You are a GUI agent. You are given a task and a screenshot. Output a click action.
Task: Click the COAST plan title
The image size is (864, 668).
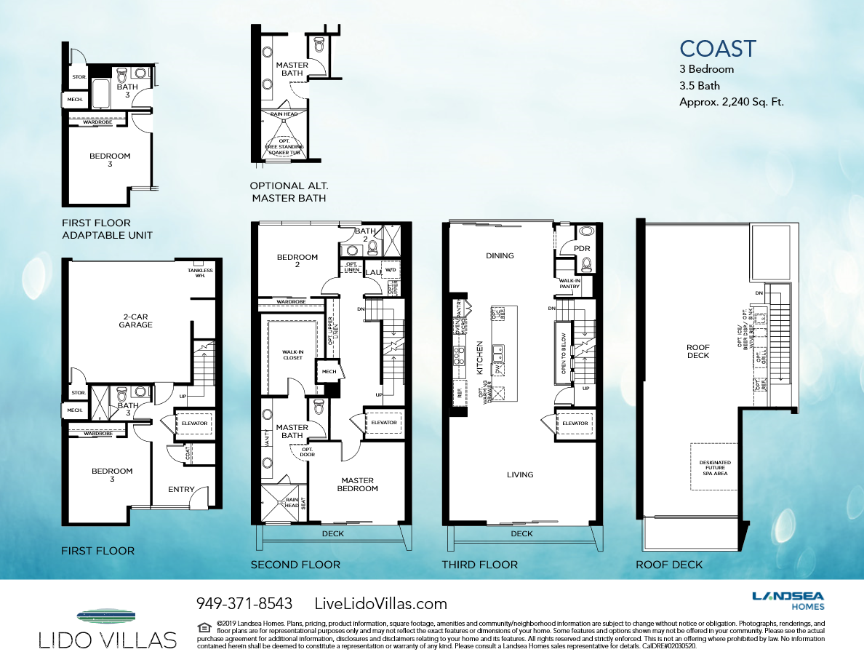pos(718,49)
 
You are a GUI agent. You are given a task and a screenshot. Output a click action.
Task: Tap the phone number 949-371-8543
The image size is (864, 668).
pos(244,603)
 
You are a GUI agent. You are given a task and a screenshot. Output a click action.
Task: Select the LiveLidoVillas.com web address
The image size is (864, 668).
pos(380,603)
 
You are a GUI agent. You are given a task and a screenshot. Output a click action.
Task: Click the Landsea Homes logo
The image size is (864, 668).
pos(788,600)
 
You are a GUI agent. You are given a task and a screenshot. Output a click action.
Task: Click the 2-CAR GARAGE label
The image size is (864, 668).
pos(136,321)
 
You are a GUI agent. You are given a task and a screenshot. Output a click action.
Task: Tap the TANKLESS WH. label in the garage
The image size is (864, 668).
pos(199,273)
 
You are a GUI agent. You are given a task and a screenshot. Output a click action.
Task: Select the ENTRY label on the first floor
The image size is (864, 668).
pos(182,489)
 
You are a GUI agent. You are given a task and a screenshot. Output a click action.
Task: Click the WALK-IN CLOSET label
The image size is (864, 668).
pos(293,354)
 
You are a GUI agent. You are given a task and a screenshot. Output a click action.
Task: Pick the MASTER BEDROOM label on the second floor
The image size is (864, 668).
pos(357,484)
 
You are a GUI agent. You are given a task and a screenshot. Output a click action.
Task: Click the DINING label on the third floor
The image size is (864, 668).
pos(500,255)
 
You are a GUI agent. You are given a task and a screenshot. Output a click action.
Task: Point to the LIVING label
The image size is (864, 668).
pos(520,474)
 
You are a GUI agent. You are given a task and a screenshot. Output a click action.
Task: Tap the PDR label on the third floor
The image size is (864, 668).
pos(581,249)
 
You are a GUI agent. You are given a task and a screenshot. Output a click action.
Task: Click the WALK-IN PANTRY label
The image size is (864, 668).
pos(569,283)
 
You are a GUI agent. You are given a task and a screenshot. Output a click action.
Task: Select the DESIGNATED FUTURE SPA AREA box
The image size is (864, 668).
pos(715,466)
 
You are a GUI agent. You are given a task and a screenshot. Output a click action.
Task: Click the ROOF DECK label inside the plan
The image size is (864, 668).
pos(697,351)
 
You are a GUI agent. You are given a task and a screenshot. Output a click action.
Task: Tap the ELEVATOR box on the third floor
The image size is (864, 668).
pos(575,423)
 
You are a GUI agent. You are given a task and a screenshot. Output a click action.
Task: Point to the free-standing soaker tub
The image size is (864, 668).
pos(284,146)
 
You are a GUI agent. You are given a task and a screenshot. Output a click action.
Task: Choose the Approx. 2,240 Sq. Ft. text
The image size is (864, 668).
pos(731,102)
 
